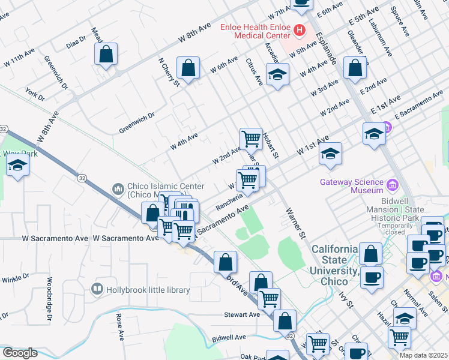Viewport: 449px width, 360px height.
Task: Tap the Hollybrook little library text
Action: click(148, 290)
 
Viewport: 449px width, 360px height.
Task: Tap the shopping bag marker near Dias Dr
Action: click(106, 55)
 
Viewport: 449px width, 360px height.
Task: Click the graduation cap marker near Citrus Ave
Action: click(277, 75)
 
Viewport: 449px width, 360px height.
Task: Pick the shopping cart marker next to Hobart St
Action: click(251, 139)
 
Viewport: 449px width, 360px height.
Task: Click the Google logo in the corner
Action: click(19, 353)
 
